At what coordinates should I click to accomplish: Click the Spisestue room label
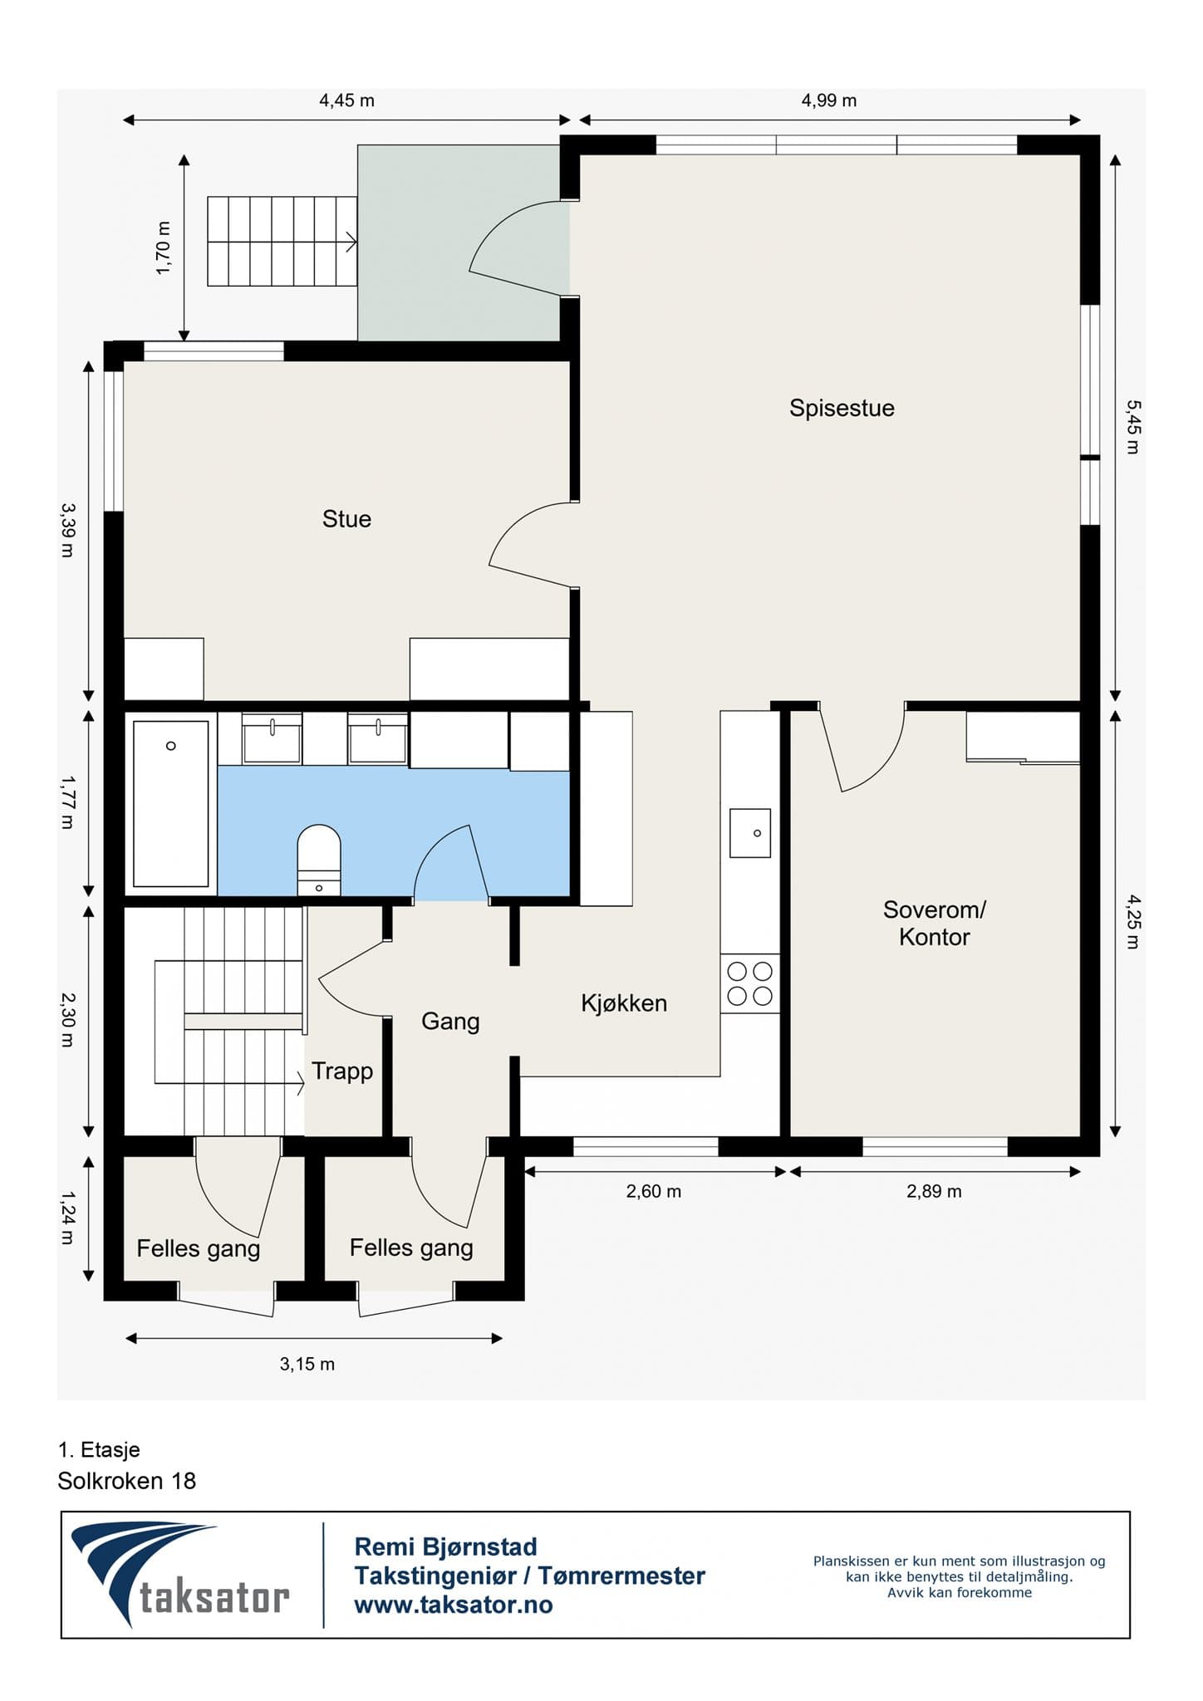pos(842,409)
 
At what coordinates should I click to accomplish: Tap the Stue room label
pos(346,519)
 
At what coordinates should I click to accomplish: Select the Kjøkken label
pos(624,1003)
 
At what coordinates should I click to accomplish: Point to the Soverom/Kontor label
pos(934,924)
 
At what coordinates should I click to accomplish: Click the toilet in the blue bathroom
pos(319,860)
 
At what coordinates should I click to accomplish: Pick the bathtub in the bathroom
pos(171,804)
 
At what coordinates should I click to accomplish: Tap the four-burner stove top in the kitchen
pos(749,983)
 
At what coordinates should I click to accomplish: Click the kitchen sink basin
pos(750,833)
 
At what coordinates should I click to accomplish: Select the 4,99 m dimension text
pos(828,101)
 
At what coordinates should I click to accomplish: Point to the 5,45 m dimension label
pos(1133,427)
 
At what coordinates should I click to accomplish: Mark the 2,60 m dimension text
pos(654,1192)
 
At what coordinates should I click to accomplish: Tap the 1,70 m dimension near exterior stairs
pos(164,248)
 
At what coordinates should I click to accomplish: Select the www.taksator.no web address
pos(454,1605)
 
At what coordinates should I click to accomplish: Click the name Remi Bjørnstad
pos(446,1547)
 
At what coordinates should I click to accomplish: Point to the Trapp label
pos(342,1072)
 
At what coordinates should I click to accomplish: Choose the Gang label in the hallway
pos(450,1022)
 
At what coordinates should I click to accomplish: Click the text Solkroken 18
pos(127,1481)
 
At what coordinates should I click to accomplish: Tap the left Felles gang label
pos(199,1249)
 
